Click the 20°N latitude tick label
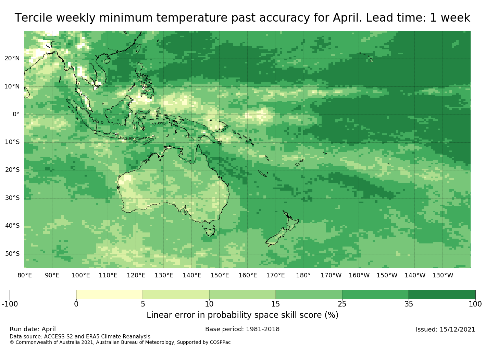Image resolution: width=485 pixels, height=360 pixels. [12, 58]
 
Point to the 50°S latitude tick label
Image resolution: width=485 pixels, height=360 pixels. [12, 254]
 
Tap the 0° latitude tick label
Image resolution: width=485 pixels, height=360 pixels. [16, 114]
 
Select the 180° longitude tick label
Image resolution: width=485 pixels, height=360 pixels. [303, 275]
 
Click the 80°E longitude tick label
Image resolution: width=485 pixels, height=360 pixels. [25, 275]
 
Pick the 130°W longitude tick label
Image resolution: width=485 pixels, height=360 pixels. [443, 275]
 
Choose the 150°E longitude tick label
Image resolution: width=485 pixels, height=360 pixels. [220, 275]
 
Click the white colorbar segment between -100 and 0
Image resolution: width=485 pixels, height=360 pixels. [43, 295]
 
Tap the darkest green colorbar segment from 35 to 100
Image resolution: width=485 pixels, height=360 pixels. [442, 295]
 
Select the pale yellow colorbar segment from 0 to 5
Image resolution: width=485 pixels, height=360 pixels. [109, 295]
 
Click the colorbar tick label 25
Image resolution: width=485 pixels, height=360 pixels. [342, 304]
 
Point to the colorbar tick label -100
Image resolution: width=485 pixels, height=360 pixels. [10, 304]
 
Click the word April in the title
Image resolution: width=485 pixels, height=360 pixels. [347, 17]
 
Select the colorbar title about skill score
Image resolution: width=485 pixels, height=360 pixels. [242, 315]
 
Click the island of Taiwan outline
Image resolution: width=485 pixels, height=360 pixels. [138, 48]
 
